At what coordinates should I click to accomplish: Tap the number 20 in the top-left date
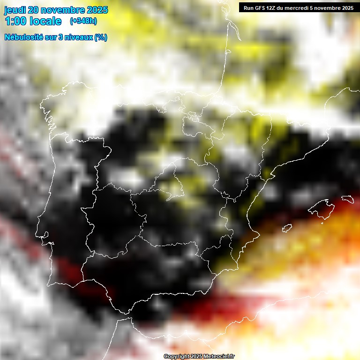tap(34, 10)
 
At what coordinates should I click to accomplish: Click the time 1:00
tap(15, 21)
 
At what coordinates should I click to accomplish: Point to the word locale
tap(45, 21)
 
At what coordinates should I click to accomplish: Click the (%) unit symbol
tap(100, 37)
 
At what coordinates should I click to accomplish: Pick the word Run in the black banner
tap(248, 8)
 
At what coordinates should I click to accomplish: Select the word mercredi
tap(297, 8)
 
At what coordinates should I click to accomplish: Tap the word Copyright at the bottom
tap(176, 357)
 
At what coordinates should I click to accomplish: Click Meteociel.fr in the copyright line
tap(219, 357)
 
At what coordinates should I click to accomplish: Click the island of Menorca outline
tap(347, 199)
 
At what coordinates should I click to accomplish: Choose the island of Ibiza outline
tap(287, 228)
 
